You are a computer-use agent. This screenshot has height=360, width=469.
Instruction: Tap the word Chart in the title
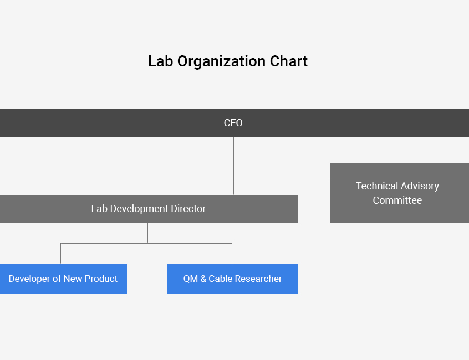point(289,61)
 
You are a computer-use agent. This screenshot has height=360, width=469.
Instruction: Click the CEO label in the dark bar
point(233,123)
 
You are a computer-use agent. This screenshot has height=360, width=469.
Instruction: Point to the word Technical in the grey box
point(376,186)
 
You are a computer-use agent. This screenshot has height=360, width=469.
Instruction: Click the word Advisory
point(420,186)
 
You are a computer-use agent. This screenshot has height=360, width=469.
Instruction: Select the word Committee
point(397,200)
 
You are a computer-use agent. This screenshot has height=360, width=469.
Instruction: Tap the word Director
point(188,209)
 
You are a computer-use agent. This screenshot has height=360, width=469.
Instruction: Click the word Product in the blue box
point(101,279)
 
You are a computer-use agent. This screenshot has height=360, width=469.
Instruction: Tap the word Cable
point(221,279)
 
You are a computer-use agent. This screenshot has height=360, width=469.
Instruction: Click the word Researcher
point(258,279)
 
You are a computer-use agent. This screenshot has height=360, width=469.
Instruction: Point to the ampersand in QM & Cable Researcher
point(203,279)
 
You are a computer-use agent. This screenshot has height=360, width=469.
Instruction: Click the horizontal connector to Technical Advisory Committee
point(282,179)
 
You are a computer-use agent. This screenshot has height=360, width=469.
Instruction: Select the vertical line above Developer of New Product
point(61,253)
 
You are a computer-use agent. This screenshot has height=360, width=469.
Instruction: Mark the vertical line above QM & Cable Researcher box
point(232,253)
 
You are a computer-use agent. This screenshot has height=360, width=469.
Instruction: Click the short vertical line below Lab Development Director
point(148,233)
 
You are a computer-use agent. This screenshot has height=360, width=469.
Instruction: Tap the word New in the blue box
point(73,279)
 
